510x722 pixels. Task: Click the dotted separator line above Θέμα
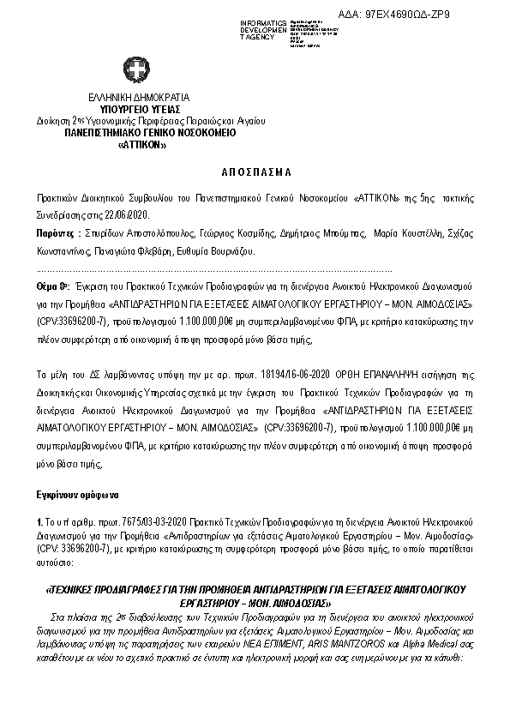tap(214, 269)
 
